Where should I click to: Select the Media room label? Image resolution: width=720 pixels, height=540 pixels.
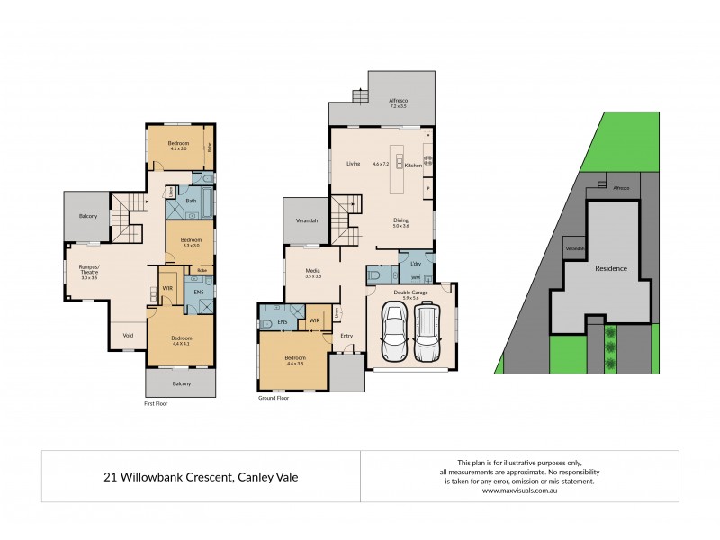[x=312, y=271]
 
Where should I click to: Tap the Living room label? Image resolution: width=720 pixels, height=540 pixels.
[x=354, y=164]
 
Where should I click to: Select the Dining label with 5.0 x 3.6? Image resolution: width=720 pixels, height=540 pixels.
[x=400, y=221]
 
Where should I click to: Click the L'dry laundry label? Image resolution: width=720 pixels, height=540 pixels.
[x=416, y=263]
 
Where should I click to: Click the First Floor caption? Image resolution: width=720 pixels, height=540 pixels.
[x=156, y=403]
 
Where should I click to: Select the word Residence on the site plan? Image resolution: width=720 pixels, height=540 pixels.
[x=610, y=268]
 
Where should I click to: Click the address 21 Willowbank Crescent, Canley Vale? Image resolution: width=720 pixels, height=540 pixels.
[x=200, y=477]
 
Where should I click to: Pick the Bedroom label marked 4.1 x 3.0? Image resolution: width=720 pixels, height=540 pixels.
[x=178, y=146]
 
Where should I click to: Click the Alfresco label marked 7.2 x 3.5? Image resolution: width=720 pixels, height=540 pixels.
[x=399, y=103]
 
